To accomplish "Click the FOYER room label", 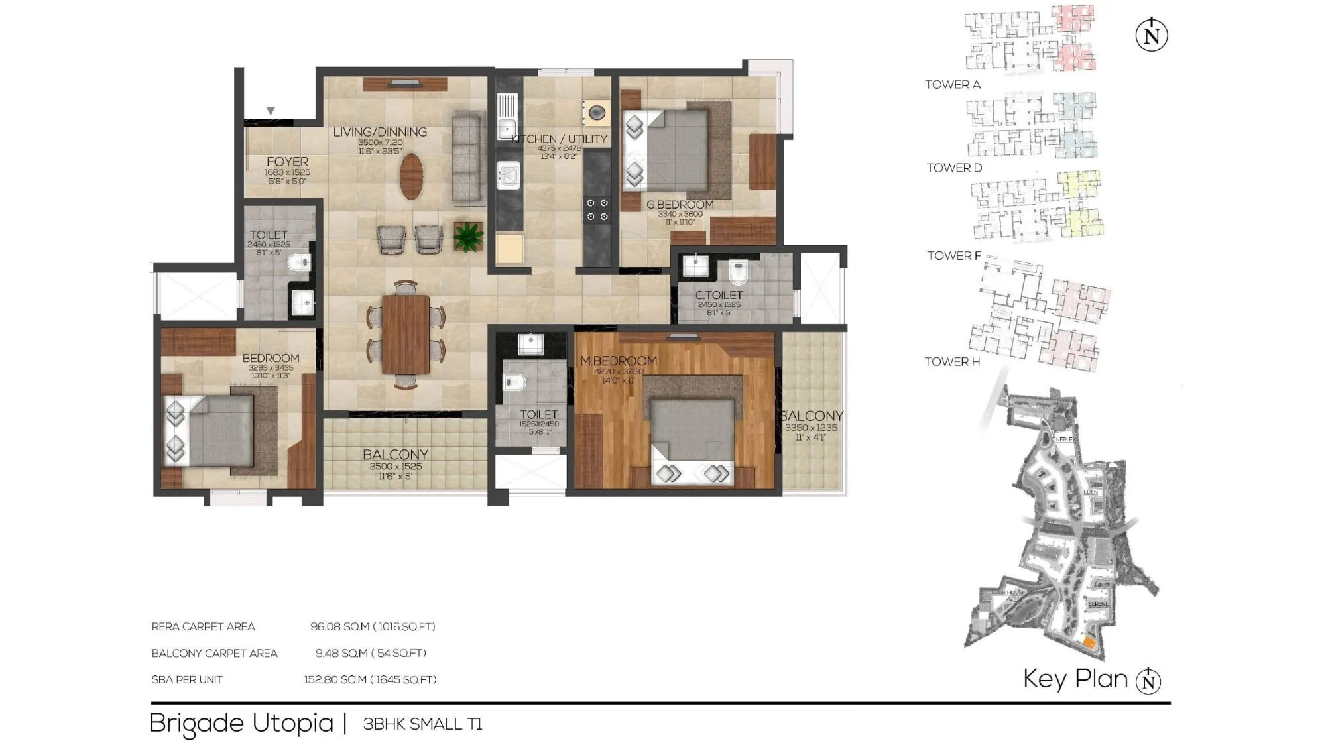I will (x=287, y=162).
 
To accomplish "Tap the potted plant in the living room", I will (x=468, y=237).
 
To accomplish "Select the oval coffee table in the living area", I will (x=411, y=176).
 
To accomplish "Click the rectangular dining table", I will (x=405, y=334).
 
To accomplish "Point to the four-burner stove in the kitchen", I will (x=597, y=209).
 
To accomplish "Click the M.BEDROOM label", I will (x=619, y=361).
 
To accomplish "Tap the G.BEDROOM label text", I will (x=680, y=205).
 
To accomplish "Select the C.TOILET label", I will (x=719, y=295).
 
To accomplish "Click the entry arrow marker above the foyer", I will (x=271, y=111).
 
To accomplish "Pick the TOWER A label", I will (x=952, y=84).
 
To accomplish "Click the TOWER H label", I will (x=952, y=361).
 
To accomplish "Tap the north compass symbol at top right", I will (x=1152, y=35).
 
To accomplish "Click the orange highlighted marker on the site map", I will (x=1088, y=642).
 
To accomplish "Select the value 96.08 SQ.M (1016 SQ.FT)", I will (x=373, y=626).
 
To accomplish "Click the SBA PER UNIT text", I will (x=187, y=679).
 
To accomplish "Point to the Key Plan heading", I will (x=1075, y=679).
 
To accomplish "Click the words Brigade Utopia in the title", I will (x=241, y=723).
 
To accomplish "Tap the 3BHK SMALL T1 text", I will (x=422, y=724).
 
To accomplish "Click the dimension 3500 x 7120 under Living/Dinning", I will (x=380, y=143).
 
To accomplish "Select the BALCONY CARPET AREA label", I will (x=214, y=653).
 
